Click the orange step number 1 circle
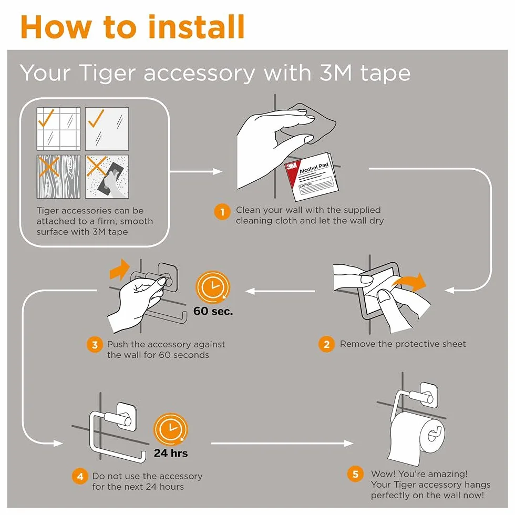(x=222, y=212)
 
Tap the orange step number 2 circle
(x=326, y=344)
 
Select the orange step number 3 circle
(x=95, y=345)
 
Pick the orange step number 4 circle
(x=80, y=476)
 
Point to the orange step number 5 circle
(x=355, y=474)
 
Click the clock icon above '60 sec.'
(x=213, y=287)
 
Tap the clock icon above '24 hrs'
(x=170, y=429)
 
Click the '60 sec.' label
(x=213, y=311)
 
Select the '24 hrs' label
(x=171, y=453)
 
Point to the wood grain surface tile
(x=58, y=177)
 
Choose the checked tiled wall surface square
(x=58, y=129)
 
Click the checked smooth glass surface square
(x=107, y=129)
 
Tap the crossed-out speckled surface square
(x=107, y=177)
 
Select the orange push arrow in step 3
(x=120, y=269)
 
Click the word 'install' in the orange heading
(x=197, y=27)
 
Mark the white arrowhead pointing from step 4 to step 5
(x=348, y=444)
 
